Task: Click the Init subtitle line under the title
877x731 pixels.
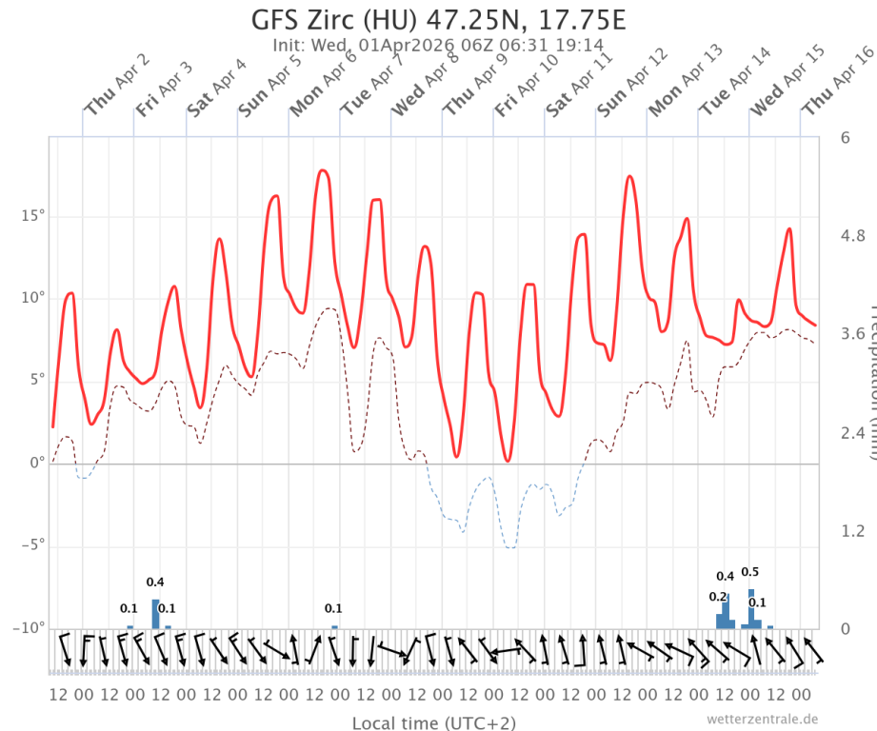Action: pyautogui.click(x=438, y=45)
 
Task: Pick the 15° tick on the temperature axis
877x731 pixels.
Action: pyautogui.click(x=32, y=216)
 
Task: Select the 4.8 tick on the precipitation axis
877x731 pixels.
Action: pyautogui.click(x=852, y=235)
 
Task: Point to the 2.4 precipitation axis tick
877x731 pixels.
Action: pyautogui.click(x=852, y=432)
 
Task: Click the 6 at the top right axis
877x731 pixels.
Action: pyautogui.click(x=845, y=137)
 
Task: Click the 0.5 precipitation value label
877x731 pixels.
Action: pyautogui.click(x=749, y=572)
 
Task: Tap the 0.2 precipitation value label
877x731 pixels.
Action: pyautogui.click(x=718, y=597)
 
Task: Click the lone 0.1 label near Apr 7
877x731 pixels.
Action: pyautogui.click(x=333, y=608)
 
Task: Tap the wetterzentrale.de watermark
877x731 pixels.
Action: pyautogui.click(x=762, y=719)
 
